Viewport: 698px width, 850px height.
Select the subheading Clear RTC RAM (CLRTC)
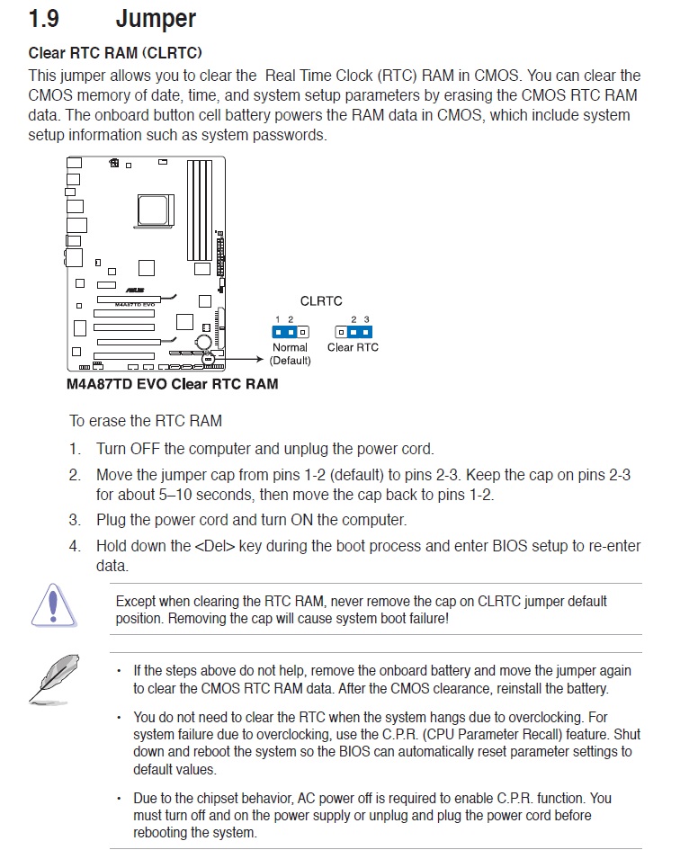115,53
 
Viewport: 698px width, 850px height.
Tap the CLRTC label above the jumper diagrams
321,301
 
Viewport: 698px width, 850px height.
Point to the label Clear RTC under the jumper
353,348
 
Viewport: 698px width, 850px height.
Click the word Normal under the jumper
290,348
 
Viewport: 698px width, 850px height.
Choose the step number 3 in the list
75,520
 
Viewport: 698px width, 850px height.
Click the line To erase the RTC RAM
146,421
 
